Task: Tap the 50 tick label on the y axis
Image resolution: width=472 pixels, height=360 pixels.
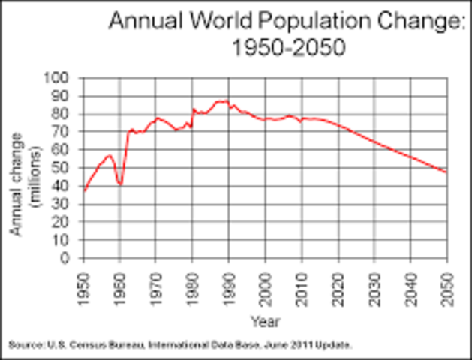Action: point(65,168)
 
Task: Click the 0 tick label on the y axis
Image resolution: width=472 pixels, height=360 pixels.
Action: point(69,259)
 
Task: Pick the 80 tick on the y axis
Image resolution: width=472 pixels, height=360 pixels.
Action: point(65,114)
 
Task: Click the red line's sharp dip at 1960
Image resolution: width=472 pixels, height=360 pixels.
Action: point(119,184)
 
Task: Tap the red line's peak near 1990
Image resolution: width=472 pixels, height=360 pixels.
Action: point(222,100)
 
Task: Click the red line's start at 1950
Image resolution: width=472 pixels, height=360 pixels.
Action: point(83,191)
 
